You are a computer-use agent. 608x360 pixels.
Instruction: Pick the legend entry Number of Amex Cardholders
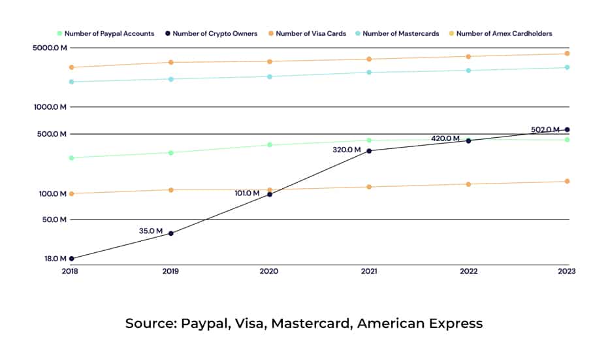point(500,33)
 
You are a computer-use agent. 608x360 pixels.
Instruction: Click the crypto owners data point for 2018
point(71,259)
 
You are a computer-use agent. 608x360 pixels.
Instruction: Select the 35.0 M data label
point(151,231)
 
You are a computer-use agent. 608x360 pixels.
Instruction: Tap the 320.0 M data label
point(347,150)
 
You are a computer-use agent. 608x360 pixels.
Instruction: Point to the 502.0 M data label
point(545,130)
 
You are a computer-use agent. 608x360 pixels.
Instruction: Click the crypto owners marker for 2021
point(369,151)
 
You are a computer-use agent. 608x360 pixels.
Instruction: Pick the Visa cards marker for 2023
point(567,54)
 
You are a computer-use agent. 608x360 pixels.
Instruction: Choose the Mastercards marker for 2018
point(71,82)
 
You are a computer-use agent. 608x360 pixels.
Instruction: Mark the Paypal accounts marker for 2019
point(170,153)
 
